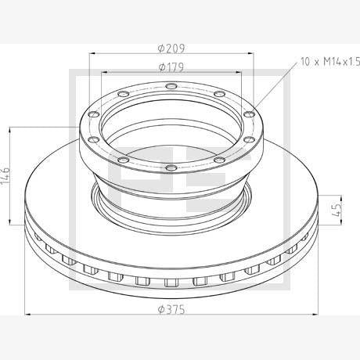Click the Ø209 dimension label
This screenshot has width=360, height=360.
tap(171, 49)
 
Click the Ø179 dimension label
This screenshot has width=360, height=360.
tap(171, 67)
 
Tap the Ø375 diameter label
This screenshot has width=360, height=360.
tap(171, 310)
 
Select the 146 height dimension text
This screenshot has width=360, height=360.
tap(5, 175)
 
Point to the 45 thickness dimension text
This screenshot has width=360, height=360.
tap(337, 210)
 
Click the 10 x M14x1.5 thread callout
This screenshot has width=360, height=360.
tap(330, 62)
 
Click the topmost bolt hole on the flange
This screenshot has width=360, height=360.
tap(171, 86)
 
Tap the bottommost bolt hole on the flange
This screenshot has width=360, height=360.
tap(171, 167)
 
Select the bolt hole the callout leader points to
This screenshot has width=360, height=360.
tap(249, 114)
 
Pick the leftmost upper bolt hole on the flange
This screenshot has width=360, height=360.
tap(94, 114)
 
